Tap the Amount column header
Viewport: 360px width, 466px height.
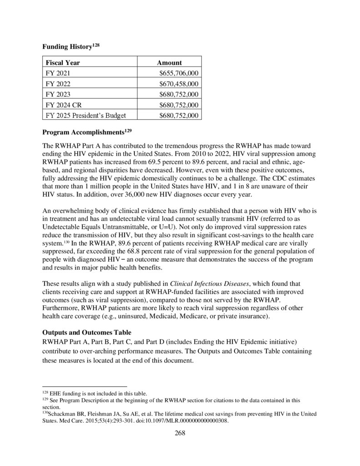pos(169,63)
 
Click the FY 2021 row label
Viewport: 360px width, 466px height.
pos(58,73)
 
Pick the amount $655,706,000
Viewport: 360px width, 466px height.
pos(178,73)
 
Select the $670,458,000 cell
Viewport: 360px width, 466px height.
pos(178,84)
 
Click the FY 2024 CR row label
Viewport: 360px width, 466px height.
pos(64,105)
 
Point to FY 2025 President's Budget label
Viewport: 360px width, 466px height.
pos(86,115)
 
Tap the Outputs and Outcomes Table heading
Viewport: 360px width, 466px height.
pos(86,332)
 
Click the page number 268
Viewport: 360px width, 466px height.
pos(180,433)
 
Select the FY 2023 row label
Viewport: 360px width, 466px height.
pos(58,94)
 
